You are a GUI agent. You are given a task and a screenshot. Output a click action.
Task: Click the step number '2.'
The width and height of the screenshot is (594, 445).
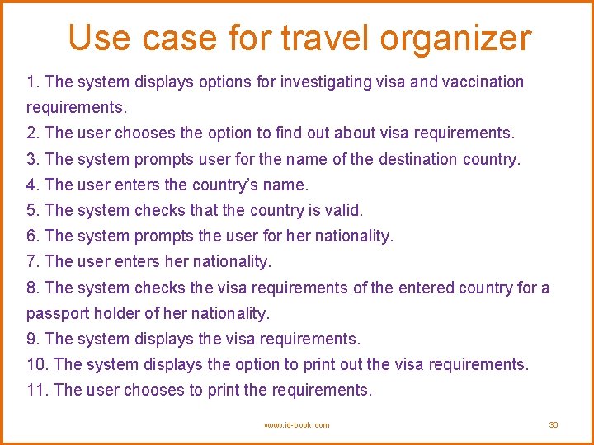click(33, 133)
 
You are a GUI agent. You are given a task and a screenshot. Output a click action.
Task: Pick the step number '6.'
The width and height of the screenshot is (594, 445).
click(33, 236)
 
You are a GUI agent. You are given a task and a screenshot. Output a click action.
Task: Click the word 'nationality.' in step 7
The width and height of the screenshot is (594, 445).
click(232, 261)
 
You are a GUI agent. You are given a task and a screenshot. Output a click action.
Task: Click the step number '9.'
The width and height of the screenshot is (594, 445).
click(33, 339)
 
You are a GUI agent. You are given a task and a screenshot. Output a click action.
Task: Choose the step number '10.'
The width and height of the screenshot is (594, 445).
click(37, 364)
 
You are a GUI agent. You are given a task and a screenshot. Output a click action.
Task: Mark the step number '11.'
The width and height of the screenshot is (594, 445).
click(37, 390)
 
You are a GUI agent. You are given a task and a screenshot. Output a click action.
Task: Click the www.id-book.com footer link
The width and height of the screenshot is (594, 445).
click(296, 424)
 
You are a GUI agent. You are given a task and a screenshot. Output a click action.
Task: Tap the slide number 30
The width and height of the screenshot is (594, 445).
click(554, 424)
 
